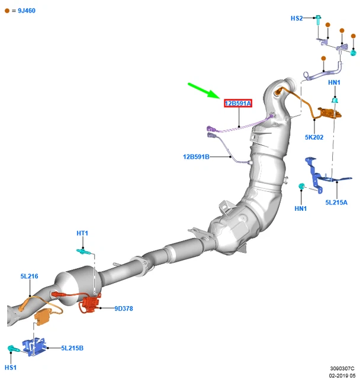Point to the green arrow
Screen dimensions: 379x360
click(204, 92)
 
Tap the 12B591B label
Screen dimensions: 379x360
click(197, 157)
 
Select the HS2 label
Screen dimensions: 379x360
click(297, 18)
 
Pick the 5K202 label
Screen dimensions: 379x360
click(314, 137)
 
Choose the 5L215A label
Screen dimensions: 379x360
click(336, 203)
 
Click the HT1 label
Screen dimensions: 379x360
click(82, 233)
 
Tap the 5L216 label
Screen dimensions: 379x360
click(29, 277)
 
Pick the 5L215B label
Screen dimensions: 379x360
click(72, 348)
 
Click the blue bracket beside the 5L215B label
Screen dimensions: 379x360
click(34, 346)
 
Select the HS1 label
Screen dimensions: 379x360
click(11, 368)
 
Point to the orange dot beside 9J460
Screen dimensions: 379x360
click(7, 11)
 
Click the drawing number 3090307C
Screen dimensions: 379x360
click(342, 368)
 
